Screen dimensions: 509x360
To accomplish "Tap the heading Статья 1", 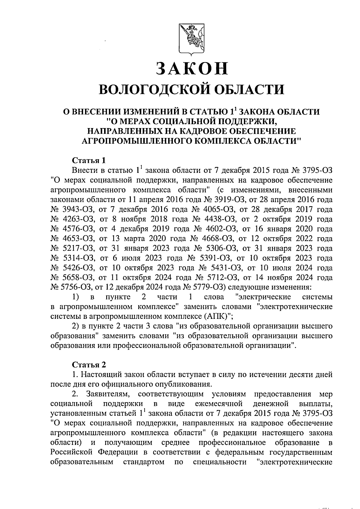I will pos(88,160).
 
